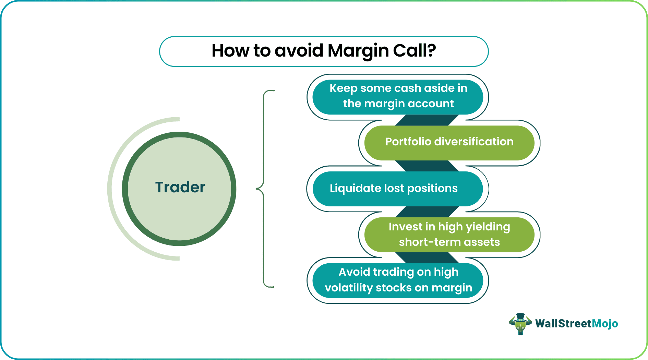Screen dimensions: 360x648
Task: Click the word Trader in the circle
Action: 180,188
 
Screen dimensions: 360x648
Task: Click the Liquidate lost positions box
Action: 398,189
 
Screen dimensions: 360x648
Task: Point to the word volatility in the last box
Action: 349,288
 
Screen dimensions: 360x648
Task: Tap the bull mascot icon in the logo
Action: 520,324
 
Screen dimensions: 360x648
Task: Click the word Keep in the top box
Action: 343,88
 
